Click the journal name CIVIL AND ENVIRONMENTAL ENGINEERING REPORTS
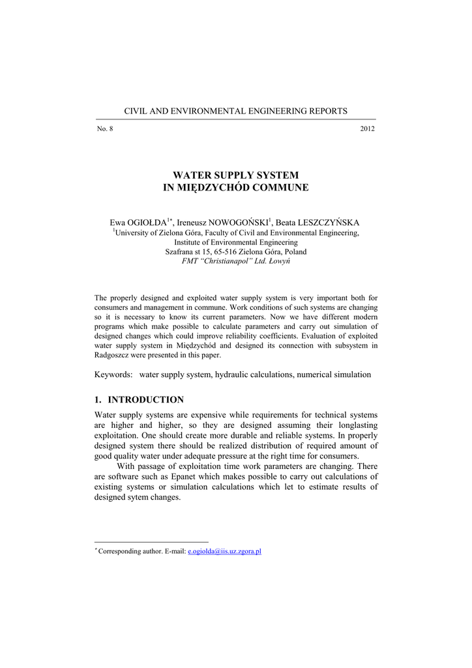coord(235,111)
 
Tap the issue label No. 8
coord(105,129)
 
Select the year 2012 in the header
coord(367,129)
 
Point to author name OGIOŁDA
coord(148,222)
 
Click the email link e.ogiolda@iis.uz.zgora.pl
coord(224,551)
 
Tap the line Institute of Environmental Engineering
coord(235,242)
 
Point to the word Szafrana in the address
coord(180,251)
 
